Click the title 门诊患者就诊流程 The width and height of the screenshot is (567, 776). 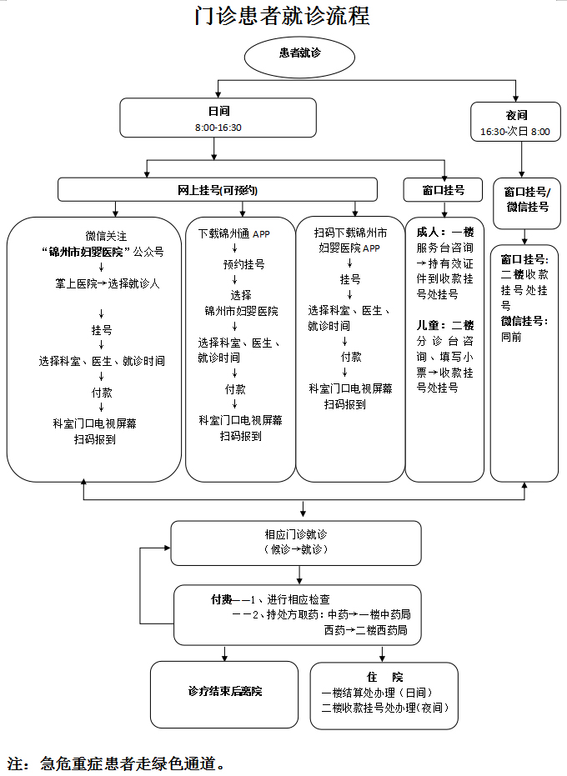point(283,16)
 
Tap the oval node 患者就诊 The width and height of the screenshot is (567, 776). point(300,53)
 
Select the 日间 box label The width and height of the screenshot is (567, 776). point(218,112)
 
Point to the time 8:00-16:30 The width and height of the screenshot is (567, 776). point(218,128)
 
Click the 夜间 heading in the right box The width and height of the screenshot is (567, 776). point(516,116)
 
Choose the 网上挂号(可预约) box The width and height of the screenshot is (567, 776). point(218,190)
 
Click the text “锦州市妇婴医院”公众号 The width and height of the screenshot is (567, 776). point(102,251)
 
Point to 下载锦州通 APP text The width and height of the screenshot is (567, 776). point(239,233)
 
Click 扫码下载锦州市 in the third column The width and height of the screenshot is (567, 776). point(350,233)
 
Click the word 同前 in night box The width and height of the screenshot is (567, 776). point(511,338)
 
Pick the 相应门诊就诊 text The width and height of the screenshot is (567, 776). point(295,535)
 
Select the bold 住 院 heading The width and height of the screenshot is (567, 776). point(384,677)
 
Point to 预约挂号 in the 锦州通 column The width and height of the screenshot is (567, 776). point(243,264)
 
